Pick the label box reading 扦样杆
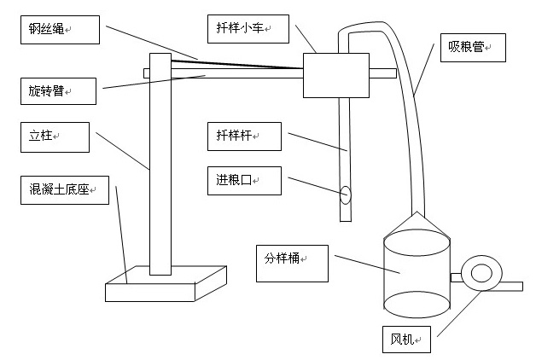pyautogui.click(x=242, y=136)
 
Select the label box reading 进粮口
pyautogui.click(x=242, y=180)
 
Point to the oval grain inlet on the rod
pyautogui.click(x=346, y=195)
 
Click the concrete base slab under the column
pyautogui.click(x=166, y=285)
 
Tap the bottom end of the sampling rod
pyautogui.click(x=346, y=217)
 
